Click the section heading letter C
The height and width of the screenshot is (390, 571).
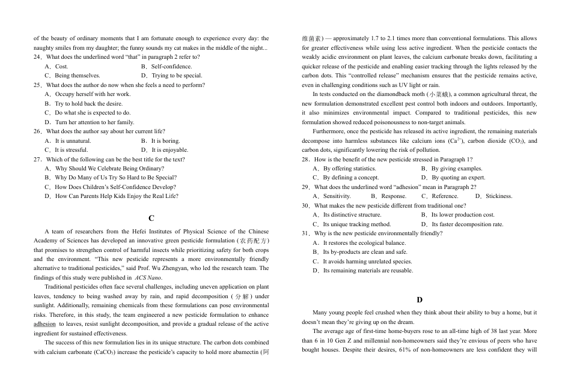[x=151, y=218]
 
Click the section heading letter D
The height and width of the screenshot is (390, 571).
[x=420, y=299]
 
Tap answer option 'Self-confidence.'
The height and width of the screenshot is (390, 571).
[x=171, y=67]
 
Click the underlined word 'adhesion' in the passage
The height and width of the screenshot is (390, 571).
[x=45, y=324]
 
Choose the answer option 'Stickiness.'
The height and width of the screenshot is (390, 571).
[x=498, y=196]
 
